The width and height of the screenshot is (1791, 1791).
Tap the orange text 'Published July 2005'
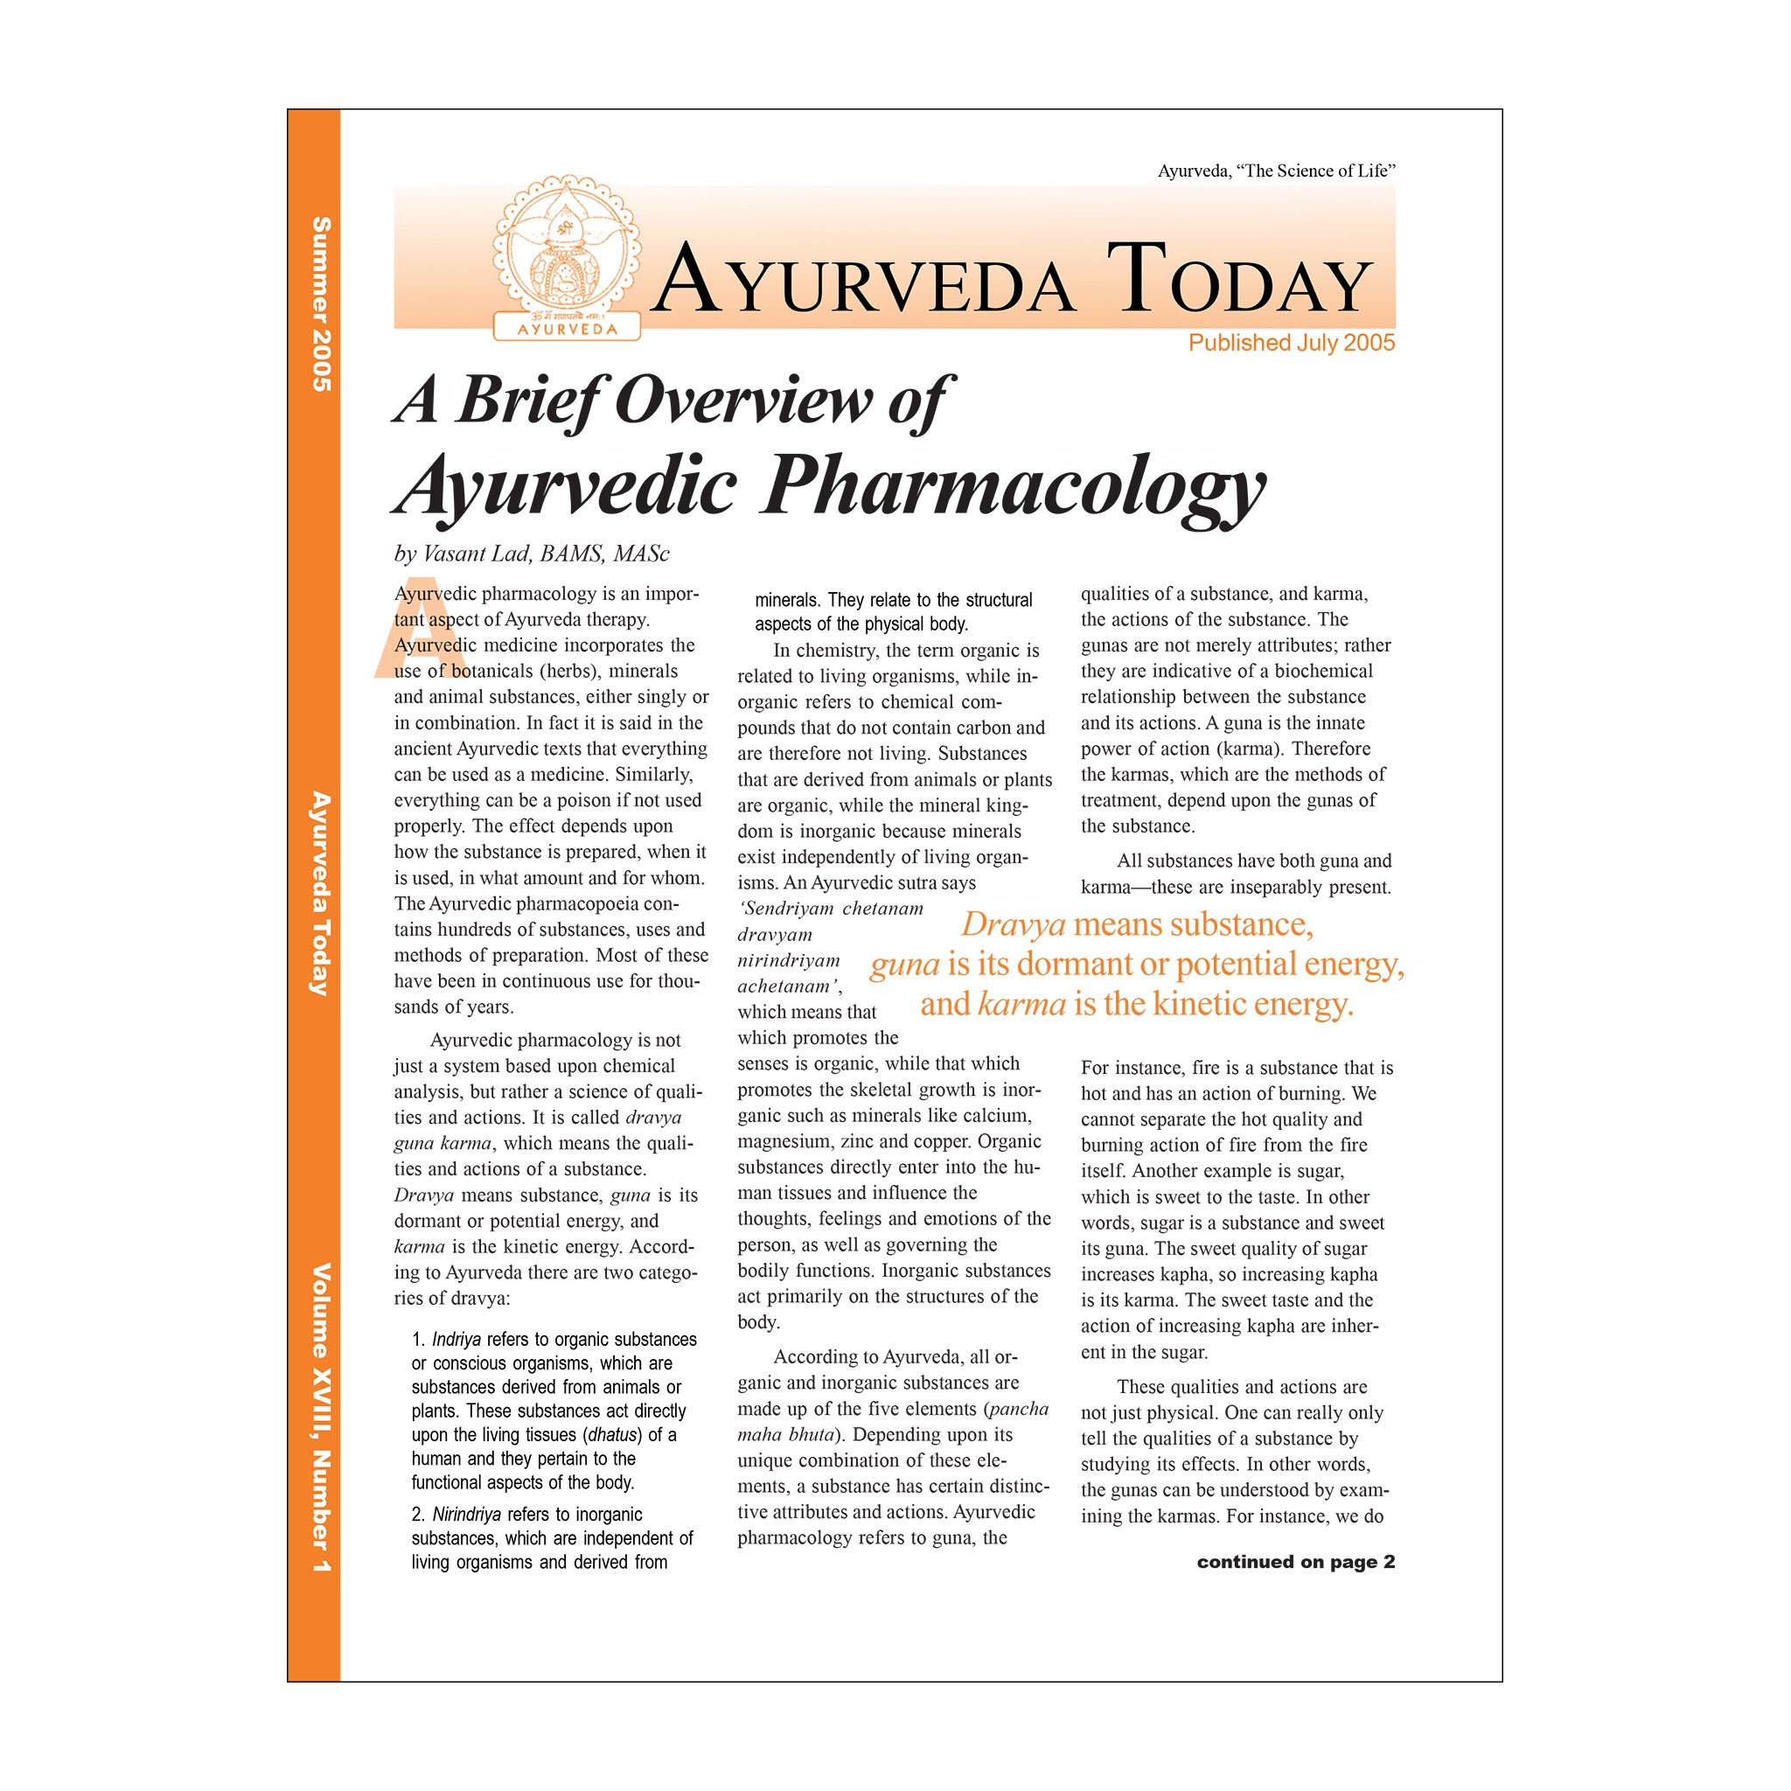point(1291,343)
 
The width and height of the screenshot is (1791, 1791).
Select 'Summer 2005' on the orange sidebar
point(320,304)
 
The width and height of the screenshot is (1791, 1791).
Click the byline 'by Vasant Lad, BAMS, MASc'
point(531,554)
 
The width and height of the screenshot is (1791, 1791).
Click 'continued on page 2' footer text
point(1295,1561)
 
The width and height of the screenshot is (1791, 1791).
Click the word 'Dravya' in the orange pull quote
point(1013,924)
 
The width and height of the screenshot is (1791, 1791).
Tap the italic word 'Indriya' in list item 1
point(456,1340)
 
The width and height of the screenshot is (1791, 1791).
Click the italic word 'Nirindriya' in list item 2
point(466,1514)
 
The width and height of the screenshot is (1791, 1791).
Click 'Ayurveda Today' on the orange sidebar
point(320,894)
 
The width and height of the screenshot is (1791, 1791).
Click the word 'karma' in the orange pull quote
point(1021,1004)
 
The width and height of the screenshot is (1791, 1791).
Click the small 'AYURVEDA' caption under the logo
point(567,329)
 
